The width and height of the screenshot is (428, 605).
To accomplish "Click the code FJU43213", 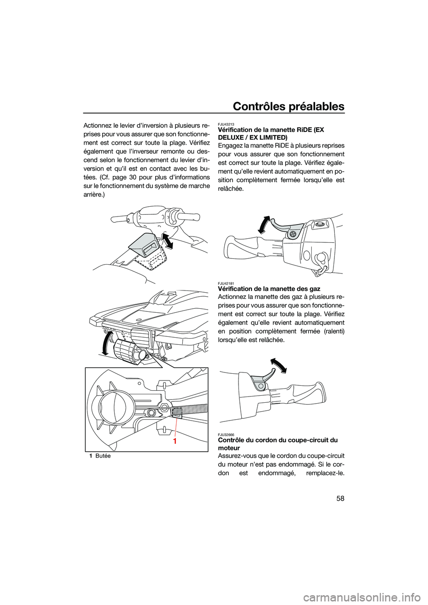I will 227,124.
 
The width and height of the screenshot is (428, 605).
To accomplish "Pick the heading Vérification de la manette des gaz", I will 269,289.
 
